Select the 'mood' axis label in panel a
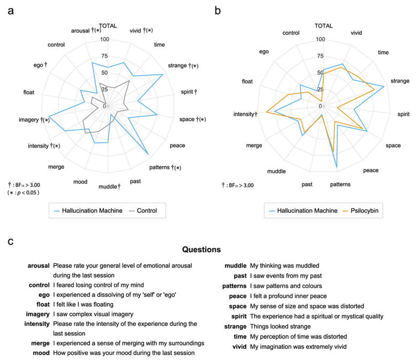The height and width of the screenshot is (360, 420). tap(80, 182)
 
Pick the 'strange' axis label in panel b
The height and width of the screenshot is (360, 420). tap(400, 81)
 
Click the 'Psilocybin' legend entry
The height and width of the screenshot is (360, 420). tap(364, 211)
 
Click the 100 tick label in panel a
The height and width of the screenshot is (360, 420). tap(104, 39)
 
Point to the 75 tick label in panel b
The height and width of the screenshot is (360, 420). tap(320, 56)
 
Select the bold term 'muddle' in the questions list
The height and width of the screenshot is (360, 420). tap(235, 265)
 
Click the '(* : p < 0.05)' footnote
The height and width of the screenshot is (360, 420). tap(23, 193)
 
